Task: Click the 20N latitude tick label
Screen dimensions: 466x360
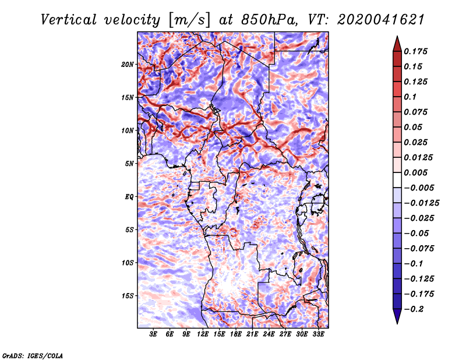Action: point(128,65)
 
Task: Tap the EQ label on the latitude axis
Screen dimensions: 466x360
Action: point(129,197)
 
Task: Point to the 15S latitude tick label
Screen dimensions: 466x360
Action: point(128,296)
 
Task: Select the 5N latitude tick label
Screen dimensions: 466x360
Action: point(129,164)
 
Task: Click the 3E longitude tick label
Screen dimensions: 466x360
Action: point(153,334)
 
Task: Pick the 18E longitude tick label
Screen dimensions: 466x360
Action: point(236,334)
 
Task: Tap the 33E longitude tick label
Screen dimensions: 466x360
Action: point(318,334)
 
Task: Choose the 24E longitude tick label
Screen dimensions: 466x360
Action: point(269,334)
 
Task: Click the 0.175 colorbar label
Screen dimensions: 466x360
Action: point(416,51)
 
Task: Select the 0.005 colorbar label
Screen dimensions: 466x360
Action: point(416,172)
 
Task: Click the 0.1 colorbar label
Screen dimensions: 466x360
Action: point(410,97)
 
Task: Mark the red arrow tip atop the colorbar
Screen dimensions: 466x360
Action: point(397,36)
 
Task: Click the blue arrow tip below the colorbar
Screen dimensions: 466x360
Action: point(397,324)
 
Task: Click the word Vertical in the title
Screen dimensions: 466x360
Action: point(69,20)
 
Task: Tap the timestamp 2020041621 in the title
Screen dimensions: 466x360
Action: point(381,20)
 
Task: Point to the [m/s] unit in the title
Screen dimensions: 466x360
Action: point(189,20)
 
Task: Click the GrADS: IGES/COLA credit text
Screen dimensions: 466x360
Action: point(33,355)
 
